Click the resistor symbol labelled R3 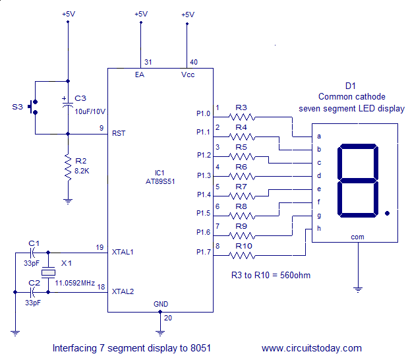point(241,117)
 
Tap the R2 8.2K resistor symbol point(67,167)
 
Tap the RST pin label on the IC point(119,133)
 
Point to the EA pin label point(140,75)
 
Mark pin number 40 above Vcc point(193,62)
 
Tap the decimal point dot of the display point(388,213)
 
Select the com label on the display point(357,237)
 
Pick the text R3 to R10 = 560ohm point(270,275)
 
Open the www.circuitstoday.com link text point(311,348)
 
